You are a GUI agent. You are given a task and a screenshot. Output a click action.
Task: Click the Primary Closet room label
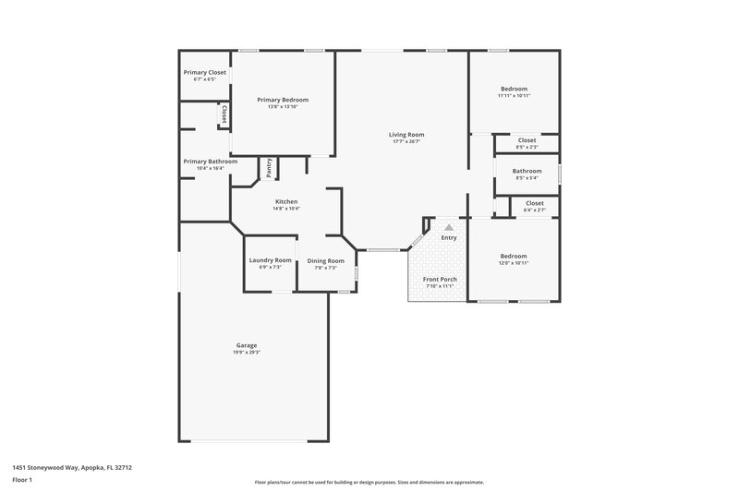coord(204,72)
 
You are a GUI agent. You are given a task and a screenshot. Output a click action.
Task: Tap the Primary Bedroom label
coord(283,100)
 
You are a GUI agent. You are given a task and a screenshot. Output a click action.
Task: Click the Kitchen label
coord(286,201)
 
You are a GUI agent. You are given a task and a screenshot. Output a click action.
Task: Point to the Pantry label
coord(269,167)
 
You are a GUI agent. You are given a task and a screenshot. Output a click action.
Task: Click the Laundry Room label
coord(270,260)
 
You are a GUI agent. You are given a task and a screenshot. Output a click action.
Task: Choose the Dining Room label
coord(325,260)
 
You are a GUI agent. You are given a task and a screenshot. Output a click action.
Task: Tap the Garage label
coord(246,345)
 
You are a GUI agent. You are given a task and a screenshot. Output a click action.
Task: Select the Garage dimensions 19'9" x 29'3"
coord(246,353)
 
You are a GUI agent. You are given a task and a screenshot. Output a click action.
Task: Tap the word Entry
coord(449,238)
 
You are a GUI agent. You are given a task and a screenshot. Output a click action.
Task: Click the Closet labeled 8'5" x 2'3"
coord(527,147)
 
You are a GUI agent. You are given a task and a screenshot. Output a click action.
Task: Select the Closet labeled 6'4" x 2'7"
coord(534,210)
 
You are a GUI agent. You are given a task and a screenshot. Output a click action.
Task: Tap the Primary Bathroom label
coord(210,162)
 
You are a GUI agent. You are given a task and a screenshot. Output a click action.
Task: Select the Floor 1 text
coord(22,480)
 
